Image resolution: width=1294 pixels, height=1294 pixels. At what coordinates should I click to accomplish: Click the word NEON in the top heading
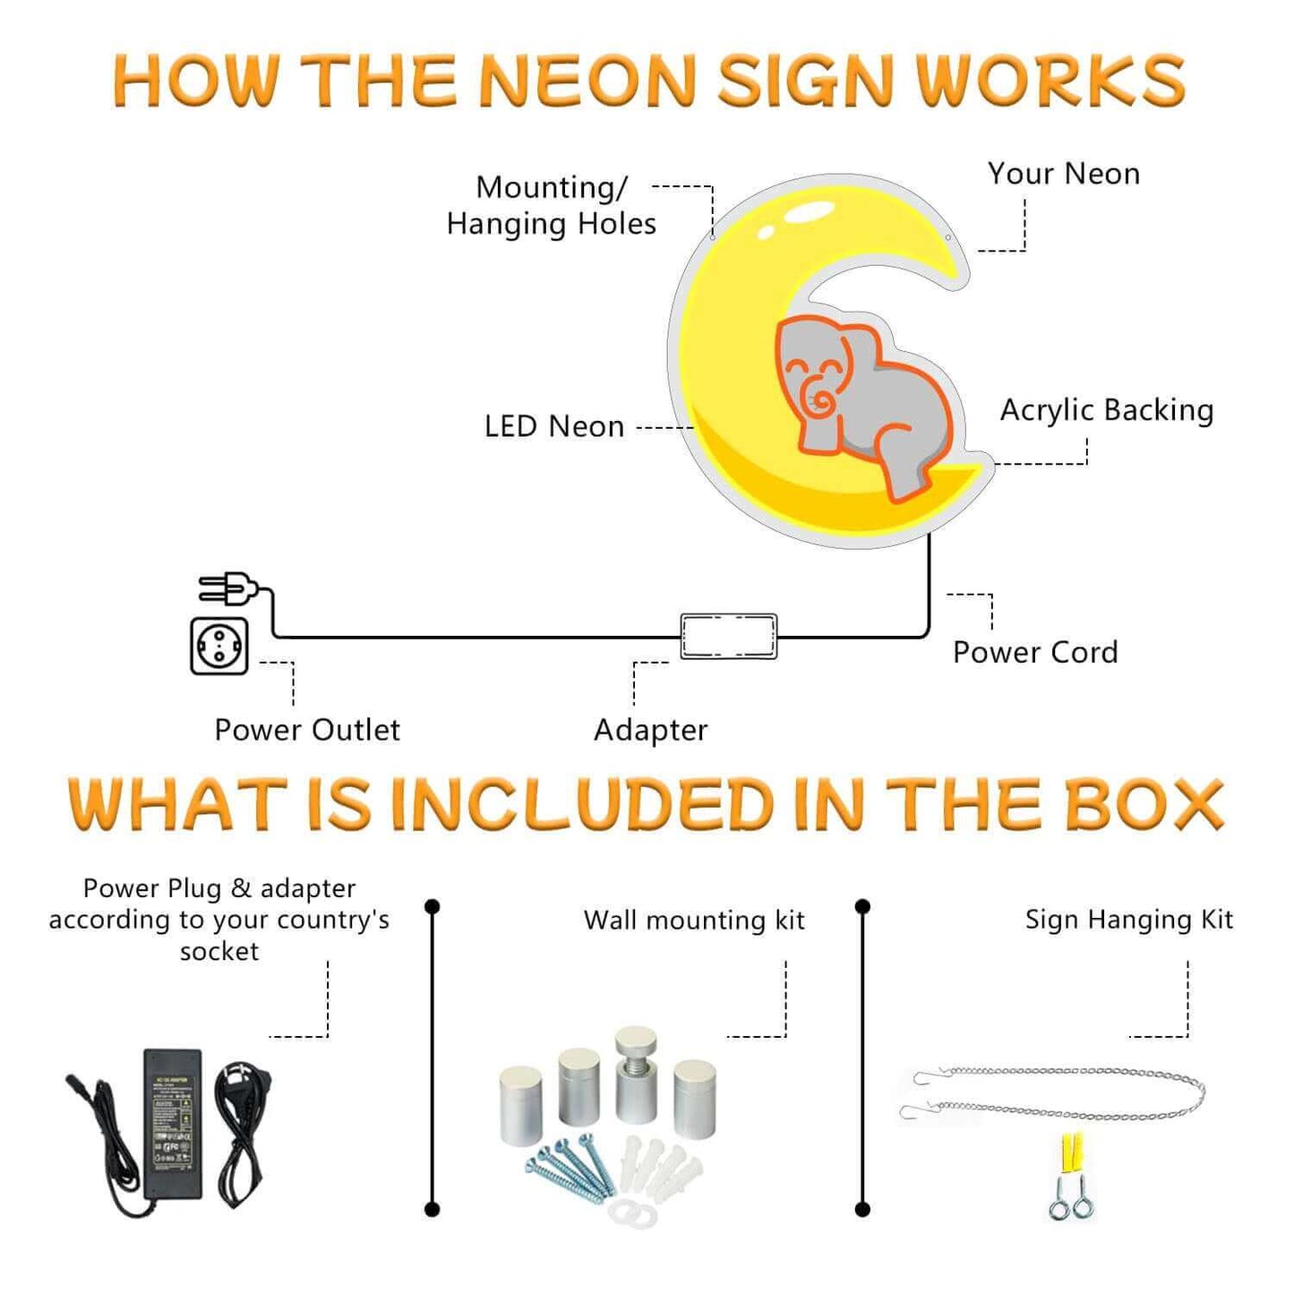tap(587, 81)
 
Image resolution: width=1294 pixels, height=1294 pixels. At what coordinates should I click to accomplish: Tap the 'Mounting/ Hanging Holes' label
tap(552, 205)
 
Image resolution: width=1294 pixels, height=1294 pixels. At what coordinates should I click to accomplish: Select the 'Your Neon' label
tap(1063, 174)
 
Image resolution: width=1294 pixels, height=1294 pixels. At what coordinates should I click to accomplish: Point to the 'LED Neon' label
tap(554, 426)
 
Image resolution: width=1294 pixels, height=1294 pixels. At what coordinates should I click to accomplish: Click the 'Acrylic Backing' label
tap(1107, 410)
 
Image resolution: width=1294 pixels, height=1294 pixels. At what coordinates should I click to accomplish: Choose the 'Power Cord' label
tap(1035, 652)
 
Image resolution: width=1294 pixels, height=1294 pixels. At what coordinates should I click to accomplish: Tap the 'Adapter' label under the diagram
tap(650, 730)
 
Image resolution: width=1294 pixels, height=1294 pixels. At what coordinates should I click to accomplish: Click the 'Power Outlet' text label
tap(307, 730)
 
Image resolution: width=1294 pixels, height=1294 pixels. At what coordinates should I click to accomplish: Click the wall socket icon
tap(219, 646)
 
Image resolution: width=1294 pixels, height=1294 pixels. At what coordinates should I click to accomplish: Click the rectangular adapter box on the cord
tap(728, 637)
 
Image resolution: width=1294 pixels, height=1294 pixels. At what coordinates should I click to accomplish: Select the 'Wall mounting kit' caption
tap(694, 920)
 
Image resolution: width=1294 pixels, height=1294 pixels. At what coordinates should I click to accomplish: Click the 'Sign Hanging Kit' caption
tap(1128, 920)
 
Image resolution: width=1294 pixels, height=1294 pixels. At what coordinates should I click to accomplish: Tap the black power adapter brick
tap(173, 1124)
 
